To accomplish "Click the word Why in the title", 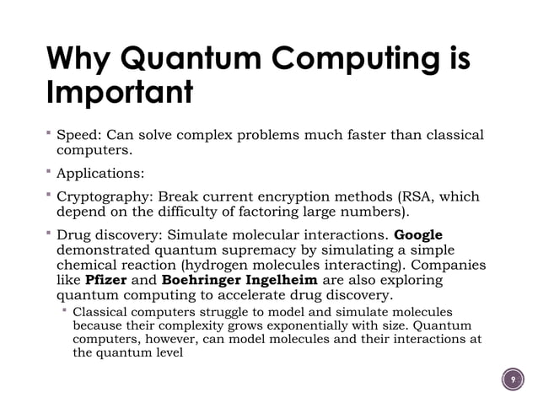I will click(83, 59).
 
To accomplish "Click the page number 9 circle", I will click(512, 379).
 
